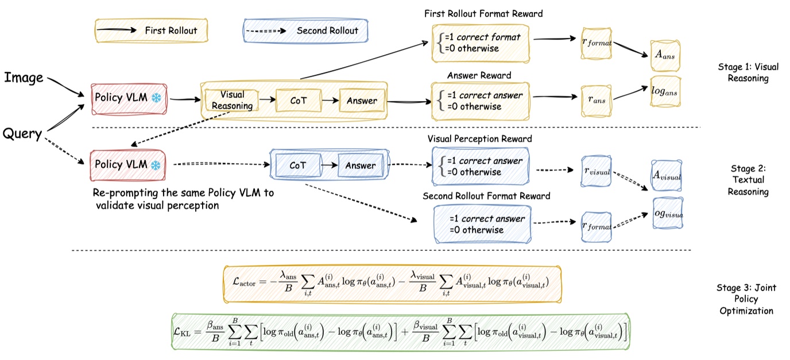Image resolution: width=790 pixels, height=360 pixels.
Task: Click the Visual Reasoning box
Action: (x=231, y=100)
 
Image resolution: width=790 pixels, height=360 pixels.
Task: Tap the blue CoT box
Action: (x=297, y=165)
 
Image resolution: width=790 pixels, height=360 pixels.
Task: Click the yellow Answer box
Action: (x=362, y=100)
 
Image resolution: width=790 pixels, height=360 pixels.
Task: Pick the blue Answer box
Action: (x=360, y=165)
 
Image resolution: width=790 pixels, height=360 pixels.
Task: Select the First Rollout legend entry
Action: (x=150, y=30)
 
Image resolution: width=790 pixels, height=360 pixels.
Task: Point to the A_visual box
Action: (x=667, y=177)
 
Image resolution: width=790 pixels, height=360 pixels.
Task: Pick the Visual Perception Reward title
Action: (x=479, y=139)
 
